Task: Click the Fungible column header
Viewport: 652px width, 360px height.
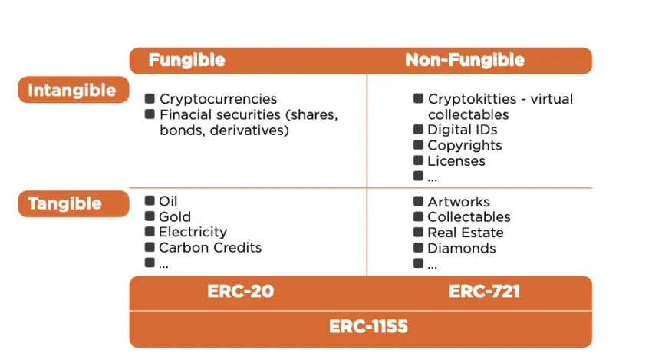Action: click(x=186, y=60)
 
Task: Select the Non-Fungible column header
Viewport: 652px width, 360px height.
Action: click(x=464, y=60)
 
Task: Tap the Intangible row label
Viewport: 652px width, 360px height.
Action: click(x=72, y=91)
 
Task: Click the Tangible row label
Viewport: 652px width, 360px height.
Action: click(x=65, y=203)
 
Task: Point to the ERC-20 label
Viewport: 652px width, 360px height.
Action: click(x=240, y=292)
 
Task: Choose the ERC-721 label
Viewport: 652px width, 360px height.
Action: click(x=484, y=292)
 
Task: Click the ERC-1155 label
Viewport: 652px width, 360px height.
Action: click(x=368, y=327)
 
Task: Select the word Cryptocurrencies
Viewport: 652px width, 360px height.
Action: click(x=218, y=99)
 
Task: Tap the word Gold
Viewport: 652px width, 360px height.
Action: click(x=175, y=217)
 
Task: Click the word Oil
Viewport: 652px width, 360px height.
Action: click(x=168, y=201)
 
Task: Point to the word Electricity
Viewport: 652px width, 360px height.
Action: click(x=193, y=233)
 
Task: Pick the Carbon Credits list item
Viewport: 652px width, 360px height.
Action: click(x=210, y=248)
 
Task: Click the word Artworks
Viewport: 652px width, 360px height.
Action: click(x=459, y=202)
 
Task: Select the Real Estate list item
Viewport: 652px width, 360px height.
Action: click(x=466, y=233)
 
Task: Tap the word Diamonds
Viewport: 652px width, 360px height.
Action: click(x=462, y=248)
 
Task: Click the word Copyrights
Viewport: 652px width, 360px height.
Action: click(x=465, y=146)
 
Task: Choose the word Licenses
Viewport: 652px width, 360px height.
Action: click(x=456, y=161)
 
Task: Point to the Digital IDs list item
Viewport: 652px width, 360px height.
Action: click(x=463, y=130)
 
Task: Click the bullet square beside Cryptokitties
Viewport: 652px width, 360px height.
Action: click(x=418, y=98)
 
